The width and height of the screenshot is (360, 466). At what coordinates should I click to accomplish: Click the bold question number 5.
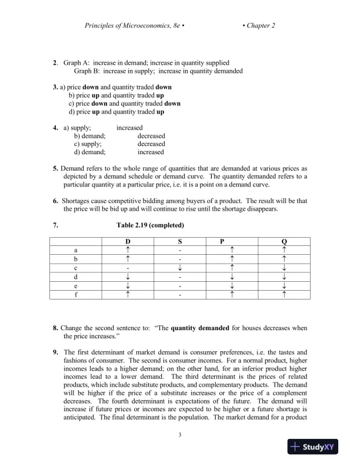coord(55,168)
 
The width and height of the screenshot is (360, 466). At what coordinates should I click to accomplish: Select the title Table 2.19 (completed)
coord(151,225)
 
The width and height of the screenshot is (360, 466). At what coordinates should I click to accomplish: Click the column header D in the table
coord(127,242)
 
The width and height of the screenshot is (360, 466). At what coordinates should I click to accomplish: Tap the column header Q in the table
coord(285,242)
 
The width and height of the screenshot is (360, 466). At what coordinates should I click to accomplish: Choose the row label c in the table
coord(75,267)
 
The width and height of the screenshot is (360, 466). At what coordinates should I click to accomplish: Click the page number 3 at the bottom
coord(180,435)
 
